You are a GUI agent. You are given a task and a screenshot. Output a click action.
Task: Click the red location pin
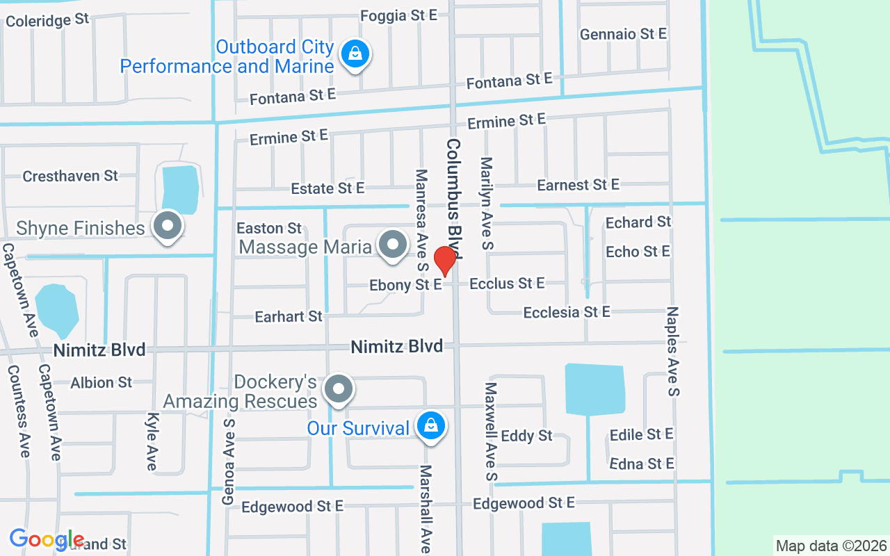(x=445, y=261)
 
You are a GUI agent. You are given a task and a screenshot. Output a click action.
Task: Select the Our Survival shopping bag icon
(x=431, y=426)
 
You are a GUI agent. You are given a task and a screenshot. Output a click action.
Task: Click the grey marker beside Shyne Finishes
(x=168, y=227)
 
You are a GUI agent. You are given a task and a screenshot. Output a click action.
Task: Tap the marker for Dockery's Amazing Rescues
(x=339, y=390)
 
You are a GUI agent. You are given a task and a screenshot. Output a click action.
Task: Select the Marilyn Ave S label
(x=486, y=203)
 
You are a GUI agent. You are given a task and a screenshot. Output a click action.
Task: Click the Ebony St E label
(x=405, y=285)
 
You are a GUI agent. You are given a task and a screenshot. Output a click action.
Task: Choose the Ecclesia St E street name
(x=566, y=312)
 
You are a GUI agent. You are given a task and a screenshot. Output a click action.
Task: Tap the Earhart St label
(x=289, y=316)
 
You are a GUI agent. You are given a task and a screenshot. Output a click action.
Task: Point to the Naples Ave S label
(x=672, y=352)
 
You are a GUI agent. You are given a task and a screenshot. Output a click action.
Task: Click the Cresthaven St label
(x=70, y=176)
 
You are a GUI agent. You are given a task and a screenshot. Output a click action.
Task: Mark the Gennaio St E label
(x=623, y=34)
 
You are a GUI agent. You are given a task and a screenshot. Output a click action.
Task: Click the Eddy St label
(x=526, y=436)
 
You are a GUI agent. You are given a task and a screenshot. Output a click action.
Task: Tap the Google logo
(x=47, y=539)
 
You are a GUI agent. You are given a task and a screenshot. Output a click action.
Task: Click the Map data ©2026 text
(x=832, y=546)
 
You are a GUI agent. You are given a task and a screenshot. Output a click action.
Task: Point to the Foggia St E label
(x=399, y=15)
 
